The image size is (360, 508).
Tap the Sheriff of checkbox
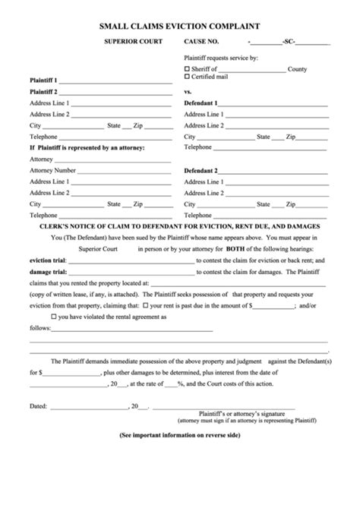pyautogui.click(x=188, y=68)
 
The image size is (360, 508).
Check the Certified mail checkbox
pyautogui.click(x=188, y=76)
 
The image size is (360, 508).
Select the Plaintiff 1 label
pyautogui.click(x=43, y=80)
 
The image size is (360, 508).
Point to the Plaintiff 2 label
pyautogui.click(x=43, y=91)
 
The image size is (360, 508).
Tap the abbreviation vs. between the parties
pyautogui.click(x=188, y=91)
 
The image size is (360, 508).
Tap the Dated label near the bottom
pyautogui.click(x=39, y=405)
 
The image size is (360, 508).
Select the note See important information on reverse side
pyautogui.click(x=180, y=435)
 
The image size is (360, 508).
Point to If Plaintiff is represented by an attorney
pyautogui.click(x=87, y=147)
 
